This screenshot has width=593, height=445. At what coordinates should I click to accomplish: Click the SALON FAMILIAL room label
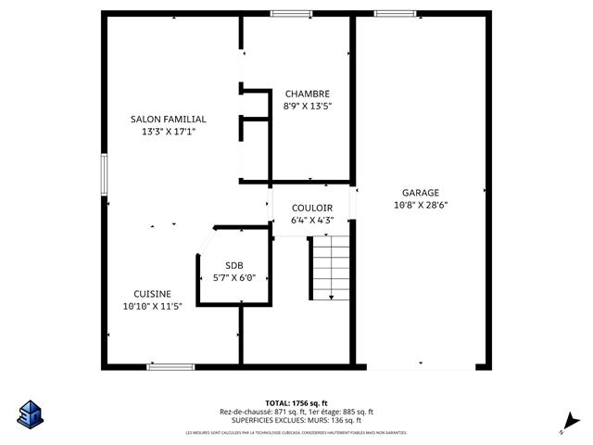[x=168, y=120]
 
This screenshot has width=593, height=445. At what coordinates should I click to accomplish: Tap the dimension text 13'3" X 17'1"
[x=168, y=132]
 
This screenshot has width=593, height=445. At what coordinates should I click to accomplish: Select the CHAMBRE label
[x=307, y=94]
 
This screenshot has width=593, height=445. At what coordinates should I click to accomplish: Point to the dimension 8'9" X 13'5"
[x=307, y=106]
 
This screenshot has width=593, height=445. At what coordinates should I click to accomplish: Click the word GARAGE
[x=420, y=193]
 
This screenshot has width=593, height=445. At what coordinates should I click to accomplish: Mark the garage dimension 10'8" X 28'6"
[x=420, y=205]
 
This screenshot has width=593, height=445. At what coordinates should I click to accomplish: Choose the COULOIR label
[x=311, y=209]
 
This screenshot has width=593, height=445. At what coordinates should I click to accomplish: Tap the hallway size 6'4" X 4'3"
[x=311, y=221]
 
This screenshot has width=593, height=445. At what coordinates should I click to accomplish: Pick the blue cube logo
[x=30, y=413]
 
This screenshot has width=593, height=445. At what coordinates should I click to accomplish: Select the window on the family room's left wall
[x=104, y=173]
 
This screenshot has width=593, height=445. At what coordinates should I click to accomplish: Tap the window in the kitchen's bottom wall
[x=170, y=366]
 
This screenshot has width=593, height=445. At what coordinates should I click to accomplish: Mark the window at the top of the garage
[x=388, y=13]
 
